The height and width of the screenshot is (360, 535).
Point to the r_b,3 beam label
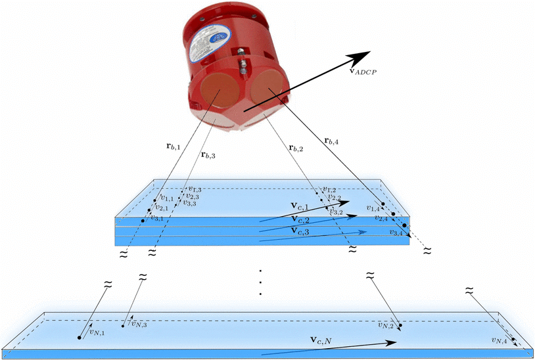coord(208,155)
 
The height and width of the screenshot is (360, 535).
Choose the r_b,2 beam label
coord(296,148)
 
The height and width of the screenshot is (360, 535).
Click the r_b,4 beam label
coord(332,140)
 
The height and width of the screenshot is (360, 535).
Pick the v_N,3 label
coord(138,323)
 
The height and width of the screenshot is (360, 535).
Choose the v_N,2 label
coord(386,324)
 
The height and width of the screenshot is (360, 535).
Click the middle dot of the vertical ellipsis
coord(261,282)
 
